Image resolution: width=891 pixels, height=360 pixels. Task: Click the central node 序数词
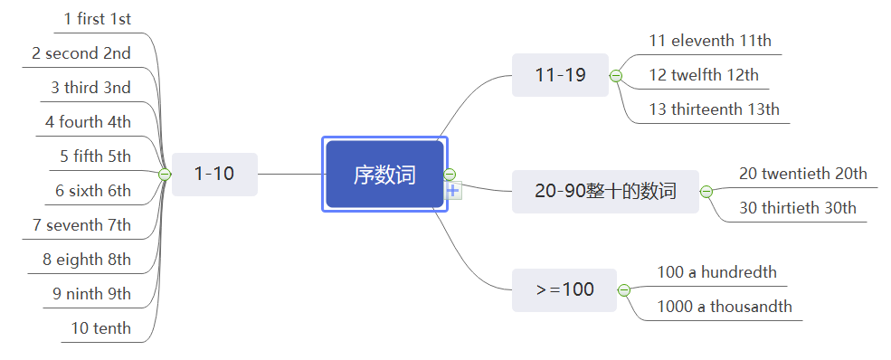(384, 175)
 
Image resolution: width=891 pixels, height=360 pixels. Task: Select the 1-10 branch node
(214, 174)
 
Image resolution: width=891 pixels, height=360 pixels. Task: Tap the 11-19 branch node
(560, 75)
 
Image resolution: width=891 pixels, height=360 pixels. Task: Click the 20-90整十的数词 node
(605, 191)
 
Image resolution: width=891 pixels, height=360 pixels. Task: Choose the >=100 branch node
(564, 289)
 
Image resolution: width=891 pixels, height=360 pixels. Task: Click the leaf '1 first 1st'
(97, 18)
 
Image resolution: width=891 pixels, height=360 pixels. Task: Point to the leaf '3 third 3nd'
(90, 88)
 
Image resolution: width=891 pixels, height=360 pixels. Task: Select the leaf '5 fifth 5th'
(95, 156)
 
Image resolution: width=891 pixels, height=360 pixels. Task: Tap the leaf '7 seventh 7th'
(81, 224)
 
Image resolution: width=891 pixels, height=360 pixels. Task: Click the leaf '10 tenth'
(101, 327)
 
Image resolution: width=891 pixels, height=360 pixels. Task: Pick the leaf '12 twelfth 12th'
(704, 75)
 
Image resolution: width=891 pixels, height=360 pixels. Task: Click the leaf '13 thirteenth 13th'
(714, 109)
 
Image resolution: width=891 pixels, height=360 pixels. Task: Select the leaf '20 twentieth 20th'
(802, 174)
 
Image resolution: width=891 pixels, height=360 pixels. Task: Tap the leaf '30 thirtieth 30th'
(797, 207)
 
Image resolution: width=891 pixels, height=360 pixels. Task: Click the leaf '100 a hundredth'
(716, 272)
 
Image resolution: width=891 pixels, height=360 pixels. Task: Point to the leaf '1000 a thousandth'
(724, 306)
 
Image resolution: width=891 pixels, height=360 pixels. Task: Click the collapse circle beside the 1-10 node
(165, 174)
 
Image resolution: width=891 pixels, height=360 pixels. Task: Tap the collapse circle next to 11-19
(616, 76)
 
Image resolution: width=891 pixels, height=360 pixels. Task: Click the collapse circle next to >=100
(623, 289)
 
